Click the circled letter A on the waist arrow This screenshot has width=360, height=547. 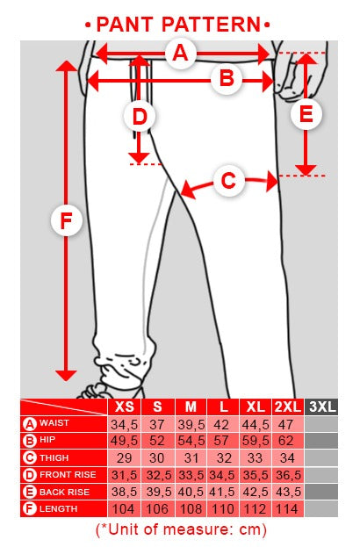pyautogui.click(x=180, y=54)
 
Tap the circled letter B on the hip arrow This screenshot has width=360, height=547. pyautogui.click(x=227, y=78)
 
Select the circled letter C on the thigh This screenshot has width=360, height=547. pyautogui.click(x=228, y=181)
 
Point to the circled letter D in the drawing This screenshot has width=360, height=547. pyautogui.click(x=140, y=116)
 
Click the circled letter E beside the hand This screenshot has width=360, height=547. pyautogui.click(x=306, y=114)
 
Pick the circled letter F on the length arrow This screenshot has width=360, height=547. pyautogui.click(x=66, y=220)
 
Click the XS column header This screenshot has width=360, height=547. pyautogui.click(x=125, y=407)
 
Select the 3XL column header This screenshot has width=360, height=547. pyautogui.click(x=321, y=407)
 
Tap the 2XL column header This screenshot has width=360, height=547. pyautogui.click(x=288, y=407)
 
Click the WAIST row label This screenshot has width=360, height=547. pyautogui.click(x=54, y=423)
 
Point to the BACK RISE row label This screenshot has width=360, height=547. pyautogui.click(x=64, y=492)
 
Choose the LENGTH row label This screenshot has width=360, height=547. pyautogui.click(x=58, y=508)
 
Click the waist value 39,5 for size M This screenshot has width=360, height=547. pyautogui.click(x=191, y=425)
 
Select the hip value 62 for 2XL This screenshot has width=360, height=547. pyautogui.click(x=286, y=441)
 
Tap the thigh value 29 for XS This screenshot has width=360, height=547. pyautogui.click(x=124, y=457)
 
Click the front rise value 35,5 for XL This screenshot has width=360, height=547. pyautogui.click(x=256, y=476)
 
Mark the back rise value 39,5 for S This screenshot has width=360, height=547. pyautogui.click(x=159, y=492)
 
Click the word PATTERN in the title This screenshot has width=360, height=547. pyautogui.click(x=211, y=25)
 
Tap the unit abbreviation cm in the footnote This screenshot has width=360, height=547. pyautogui.click(x=249, y=529)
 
